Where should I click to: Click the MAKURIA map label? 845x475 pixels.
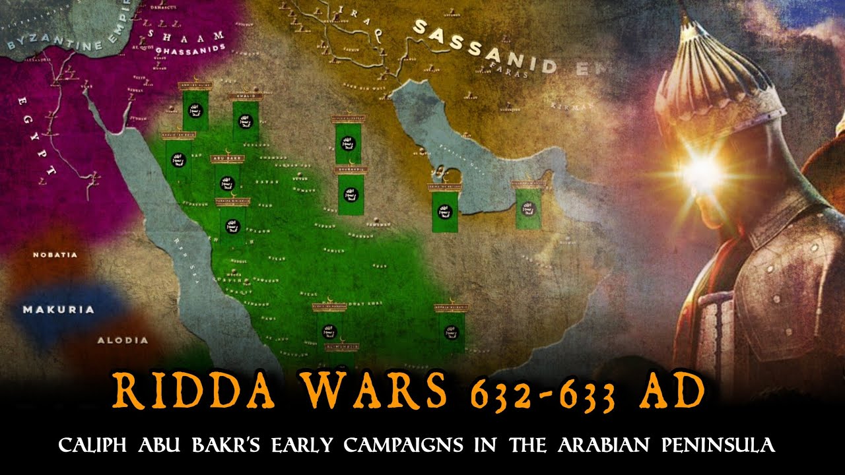[x=59, y=309]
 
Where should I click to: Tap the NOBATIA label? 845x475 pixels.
[x=55, y=255]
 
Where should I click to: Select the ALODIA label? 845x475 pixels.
[x=123, y=340]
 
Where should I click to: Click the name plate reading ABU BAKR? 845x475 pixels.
[x=227, y=159]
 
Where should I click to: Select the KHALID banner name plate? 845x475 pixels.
[x=246, y=96]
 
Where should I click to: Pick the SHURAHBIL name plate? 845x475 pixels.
[x=351, y=170]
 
